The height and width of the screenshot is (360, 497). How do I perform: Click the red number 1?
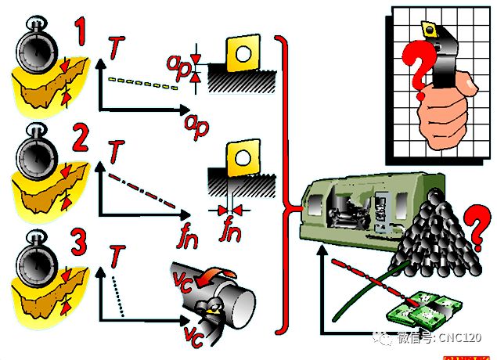80,31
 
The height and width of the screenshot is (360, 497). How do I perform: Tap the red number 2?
81,138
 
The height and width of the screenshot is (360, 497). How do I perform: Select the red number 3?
78,242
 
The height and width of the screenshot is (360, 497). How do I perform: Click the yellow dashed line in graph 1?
143,83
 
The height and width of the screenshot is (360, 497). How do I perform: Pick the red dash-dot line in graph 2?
142,191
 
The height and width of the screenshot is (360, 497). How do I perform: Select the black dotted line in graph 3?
117,297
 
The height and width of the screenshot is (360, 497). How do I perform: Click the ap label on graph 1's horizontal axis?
196,126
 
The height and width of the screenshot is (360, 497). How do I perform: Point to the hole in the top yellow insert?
243,54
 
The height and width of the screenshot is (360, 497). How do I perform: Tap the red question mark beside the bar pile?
477,228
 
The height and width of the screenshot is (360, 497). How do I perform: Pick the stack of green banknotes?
424,308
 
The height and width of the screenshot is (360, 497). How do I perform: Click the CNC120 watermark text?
460,338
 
